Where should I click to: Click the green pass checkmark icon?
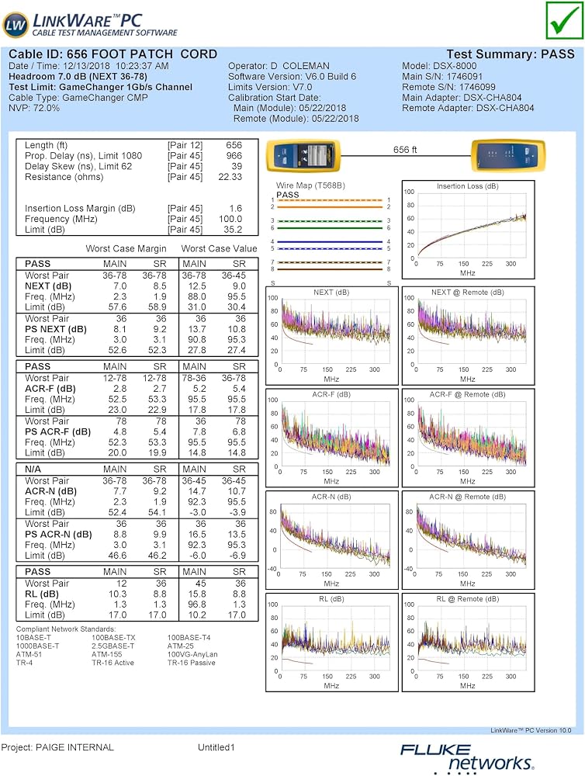tap(565, 20)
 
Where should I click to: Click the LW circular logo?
tap(16, 26)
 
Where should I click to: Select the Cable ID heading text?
tap(112, 54)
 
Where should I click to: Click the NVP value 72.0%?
tap(46, 108)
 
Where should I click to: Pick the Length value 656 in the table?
tap(234, 145)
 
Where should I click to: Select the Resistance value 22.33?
tap(230, 177)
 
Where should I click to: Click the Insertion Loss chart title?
tap(468, 186)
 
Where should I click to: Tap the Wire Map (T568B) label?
tap(310, 185)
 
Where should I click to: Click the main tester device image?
tap(303, 156)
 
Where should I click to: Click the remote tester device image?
tap(507, 156)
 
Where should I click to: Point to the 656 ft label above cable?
tap(405, 150)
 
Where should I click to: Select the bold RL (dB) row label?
tap(42, 594)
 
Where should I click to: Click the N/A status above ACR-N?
tap(33, 469)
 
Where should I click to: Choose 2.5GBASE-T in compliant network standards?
tap(112, 646)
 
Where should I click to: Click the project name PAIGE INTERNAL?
tap(74, 747)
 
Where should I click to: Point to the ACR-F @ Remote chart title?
tap(468, 394)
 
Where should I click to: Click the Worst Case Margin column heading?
tap(126, 248)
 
